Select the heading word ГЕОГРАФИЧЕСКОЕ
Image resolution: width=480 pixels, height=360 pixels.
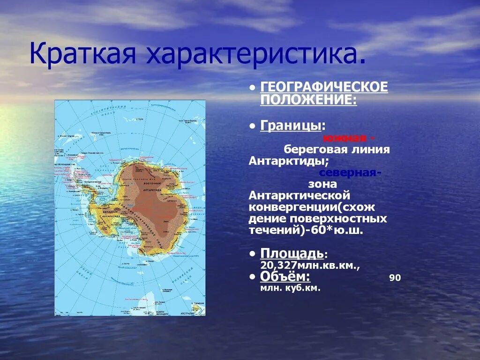point(324,87)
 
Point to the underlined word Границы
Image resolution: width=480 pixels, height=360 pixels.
point(291,126)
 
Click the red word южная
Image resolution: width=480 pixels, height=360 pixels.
point(344,138)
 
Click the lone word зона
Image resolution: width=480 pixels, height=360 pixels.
point(322,184)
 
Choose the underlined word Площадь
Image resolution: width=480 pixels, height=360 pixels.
point(292,254)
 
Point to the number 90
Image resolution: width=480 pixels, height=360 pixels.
point(395,278)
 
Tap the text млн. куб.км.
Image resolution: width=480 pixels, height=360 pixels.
point(290,288)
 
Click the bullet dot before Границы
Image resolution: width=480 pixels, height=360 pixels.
point(253,126)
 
